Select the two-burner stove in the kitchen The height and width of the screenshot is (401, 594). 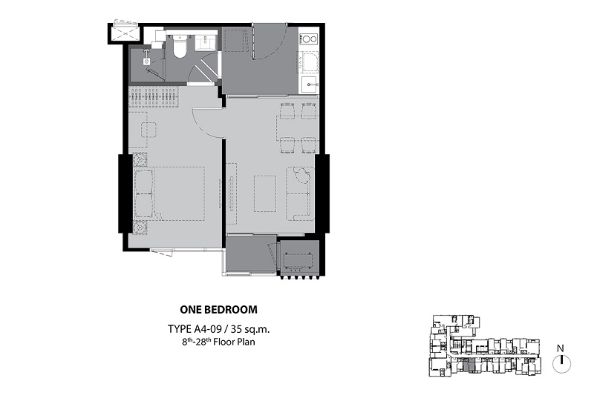point(308,39)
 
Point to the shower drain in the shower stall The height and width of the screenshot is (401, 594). point(146,61)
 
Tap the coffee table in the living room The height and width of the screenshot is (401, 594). point(265,193)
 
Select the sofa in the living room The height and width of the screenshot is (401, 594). point(300,193)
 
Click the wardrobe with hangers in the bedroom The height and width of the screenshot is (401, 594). point(154,99)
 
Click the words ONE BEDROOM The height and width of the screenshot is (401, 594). point(218,309)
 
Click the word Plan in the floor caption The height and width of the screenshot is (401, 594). point(246,342)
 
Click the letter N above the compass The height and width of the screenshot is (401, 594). point(561,348)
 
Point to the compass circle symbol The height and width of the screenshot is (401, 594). point(562,364)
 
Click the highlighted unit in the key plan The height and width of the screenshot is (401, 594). point(469,366)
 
